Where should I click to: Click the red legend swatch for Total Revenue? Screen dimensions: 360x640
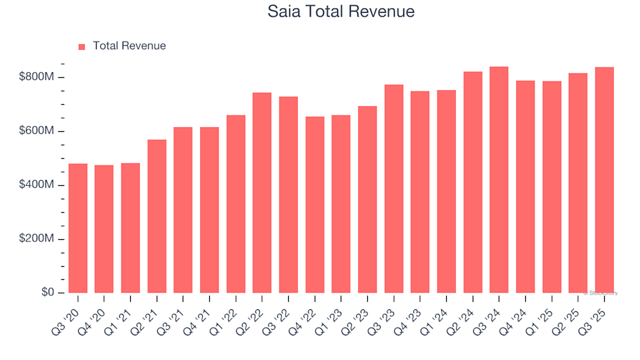[x=82, y=47]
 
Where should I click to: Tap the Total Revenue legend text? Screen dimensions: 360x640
[x=129, y=46]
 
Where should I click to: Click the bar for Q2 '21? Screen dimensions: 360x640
[x=157, y=216]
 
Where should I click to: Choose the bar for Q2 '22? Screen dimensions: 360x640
[x=262, y=193]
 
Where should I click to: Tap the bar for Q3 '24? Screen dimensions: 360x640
[x=499, y=179]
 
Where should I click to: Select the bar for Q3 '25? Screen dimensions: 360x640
[x=604, y=180]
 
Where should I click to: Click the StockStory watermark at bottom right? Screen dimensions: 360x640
[x=602, y=293]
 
